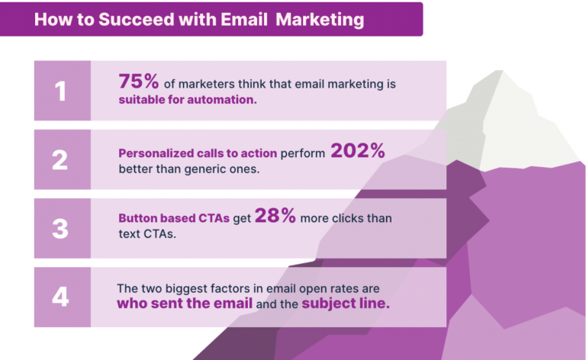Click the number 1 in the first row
pos(61,92)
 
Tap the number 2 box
pos(61,160)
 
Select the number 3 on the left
pos(61,228)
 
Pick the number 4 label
pos(61,297)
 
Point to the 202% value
pos(357,151)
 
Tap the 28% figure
pos(275,217)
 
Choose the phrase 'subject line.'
pos(346,304)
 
